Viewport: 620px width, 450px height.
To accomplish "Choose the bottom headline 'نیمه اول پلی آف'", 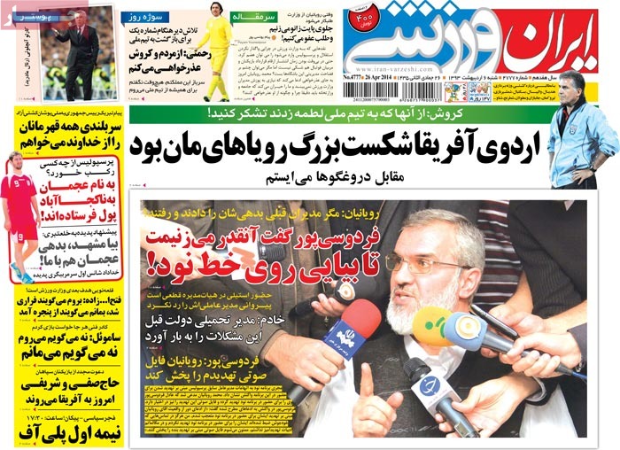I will coord(66,429).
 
